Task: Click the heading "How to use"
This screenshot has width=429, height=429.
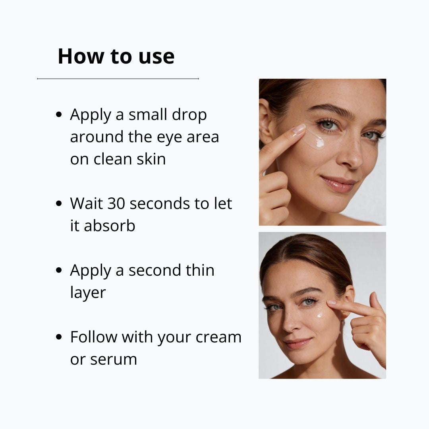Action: click(x=116, y=56)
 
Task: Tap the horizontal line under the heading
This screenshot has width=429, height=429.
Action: click(x=118, y=79)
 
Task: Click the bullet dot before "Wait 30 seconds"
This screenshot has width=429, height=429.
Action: click(x=59, y=203)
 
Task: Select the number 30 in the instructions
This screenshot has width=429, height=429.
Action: click(x=115, y=203)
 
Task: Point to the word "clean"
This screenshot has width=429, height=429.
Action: click(x=112, y=159)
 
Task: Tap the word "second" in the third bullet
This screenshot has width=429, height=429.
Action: click(x=153, y=270)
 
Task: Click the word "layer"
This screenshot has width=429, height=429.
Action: click(x=88, y=292)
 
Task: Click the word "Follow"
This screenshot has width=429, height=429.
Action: click(x=94, y=337)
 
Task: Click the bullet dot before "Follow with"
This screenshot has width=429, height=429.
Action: click(x=59, y=337)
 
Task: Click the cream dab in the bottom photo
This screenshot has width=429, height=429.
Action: click(x=320, y=315)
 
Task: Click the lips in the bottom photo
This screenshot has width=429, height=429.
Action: click(x=299, y=342)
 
